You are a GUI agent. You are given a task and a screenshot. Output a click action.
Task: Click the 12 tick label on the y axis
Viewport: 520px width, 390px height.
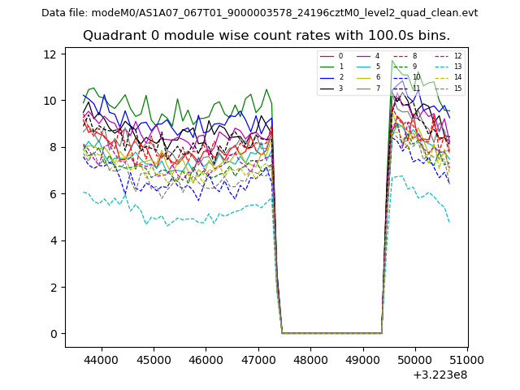pyautogui.click(x=50, y=54)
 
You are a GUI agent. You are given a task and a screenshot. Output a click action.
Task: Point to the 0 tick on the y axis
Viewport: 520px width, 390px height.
pyautogui.click(x=54, y=334)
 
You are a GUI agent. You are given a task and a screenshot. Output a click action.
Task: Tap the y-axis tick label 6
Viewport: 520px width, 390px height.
pyautogui.click(x=54, y=194)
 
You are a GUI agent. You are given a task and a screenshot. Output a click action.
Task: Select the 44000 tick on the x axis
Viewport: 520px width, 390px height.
pyautogui.click(x=100, y=359)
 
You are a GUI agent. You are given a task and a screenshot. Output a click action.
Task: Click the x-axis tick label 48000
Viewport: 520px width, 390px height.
pyautogui.click(x=310, y=359)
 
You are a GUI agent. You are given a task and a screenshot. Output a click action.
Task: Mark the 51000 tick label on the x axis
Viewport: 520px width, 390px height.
pyautogui.click(x=466, y=359)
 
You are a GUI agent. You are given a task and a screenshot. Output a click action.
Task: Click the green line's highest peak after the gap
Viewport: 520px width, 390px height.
pyautogui.click(x=392, y=61)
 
